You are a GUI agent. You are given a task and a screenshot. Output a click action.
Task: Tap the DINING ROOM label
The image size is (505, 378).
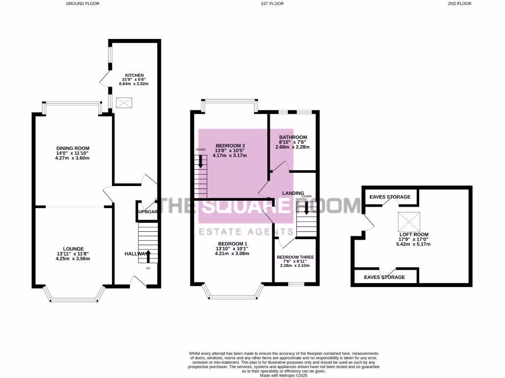coord(72,148)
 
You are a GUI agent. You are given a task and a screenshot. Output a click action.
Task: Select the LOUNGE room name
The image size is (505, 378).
coord(73,249)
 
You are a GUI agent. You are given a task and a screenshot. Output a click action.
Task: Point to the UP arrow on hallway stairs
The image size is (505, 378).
coord(148,256)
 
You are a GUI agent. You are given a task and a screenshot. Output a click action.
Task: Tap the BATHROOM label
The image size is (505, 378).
coord(293,137)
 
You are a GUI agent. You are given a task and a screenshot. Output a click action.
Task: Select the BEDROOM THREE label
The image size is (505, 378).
coord(295,257)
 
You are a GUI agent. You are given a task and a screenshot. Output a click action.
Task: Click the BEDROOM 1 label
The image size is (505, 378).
coord(232,244)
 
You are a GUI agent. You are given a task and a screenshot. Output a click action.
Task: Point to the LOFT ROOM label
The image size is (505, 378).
coord(414,235)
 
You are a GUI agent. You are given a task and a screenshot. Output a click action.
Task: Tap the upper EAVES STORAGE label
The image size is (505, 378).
coord(390,197)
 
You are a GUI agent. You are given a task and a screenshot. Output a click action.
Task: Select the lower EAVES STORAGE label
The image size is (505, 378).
coord(384,277)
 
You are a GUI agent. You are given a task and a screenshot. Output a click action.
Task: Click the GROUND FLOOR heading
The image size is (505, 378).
coord(82,3)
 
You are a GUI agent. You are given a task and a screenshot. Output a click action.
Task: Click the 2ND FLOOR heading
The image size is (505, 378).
coord(460,3)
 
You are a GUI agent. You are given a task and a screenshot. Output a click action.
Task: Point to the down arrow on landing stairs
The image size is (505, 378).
coord(307,209)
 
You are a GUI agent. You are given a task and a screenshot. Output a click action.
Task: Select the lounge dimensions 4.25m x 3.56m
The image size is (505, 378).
coord(73,258)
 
